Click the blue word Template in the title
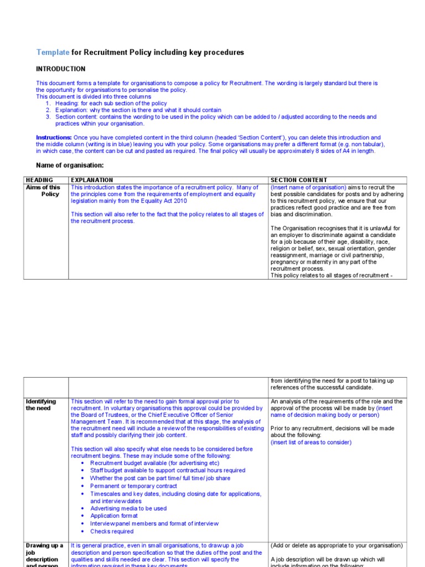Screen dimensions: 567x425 click(x=53, y=53)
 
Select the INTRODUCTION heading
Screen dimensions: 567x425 click(x=61, y=69)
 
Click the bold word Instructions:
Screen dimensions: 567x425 click(x=54, y=137)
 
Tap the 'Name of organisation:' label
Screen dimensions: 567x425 click(x=70, y=166)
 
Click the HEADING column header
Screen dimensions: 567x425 click(x=39, y=180)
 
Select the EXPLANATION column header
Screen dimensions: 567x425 click(x=92, y=180)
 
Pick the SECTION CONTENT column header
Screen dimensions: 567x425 click(x=299, y=180)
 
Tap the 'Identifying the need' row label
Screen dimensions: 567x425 click(x=41, y=405)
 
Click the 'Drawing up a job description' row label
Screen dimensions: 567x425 click(x=44, y=553)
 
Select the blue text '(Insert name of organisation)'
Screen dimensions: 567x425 click(x=308, y=188)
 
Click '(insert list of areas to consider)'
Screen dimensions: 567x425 click(x=310, y=442)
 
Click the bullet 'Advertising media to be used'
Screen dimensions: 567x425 click(x=128, y=508)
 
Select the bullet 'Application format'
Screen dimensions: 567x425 click(x=114, y=516)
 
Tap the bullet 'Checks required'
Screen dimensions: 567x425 click(x=112, y=531)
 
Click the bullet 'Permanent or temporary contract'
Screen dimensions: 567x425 click(x=133, y=486)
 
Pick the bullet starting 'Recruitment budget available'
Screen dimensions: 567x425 click(x=154, y=463)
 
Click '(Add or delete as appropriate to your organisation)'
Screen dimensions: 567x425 click(x=336, y=545)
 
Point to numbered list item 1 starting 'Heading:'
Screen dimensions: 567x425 click(x=111, y=104)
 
